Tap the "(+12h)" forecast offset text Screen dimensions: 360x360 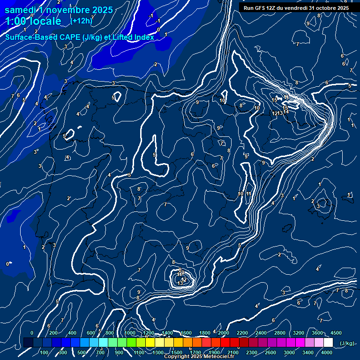pyautogui.click(x=81, y=21)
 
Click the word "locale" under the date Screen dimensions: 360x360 pyautogui.click(x=45, y=21)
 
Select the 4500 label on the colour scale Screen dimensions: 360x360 pyautogui.click(x=336, y=333)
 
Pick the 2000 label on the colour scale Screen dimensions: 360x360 pyautogui.click(x=224, y=333)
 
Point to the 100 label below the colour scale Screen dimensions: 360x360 pyautogui.click(x=45, y=352)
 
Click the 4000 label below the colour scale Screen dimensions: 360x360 pyautogui.click(x=327, y=352)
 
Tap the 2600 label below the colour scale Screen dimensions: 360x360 pyautogui.click(x=270, y=352)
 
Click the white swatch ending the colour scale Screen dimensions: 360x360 pyautogui.click(x=328, y=343)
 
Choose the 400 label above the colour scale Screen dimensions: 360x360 pyautogui.click(x=73, y=333)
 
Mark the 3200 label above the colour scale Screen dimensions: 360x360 pyautogui.click(x=299, y=333)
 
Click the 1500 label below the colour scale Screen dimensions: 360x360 pyautogui.click(x=177, y=352)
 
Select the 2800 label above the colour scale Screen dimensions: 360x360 pyautogui.click(x=280, y=333)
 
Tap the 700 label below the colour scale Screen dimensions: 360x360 pyautogui.click(x=100, y=352)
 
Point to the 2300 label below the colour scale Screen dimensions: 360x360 pyautogui.click(x=252, y=352)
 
